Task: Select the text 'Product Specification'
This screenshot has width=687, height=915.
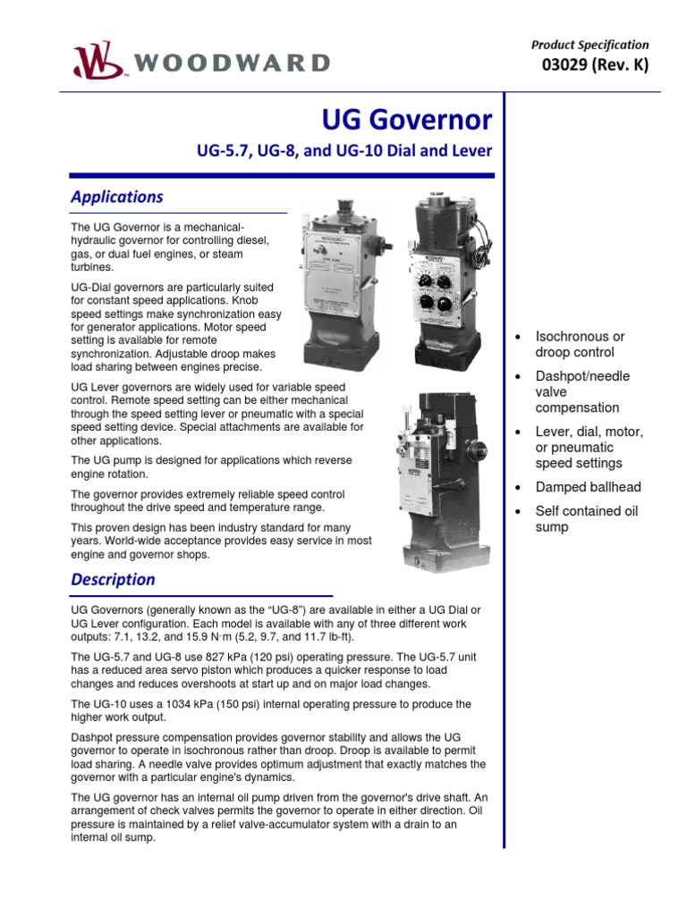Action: click(589, 45)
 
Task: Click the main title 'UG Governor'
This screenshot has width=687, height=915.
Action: click(406, 120)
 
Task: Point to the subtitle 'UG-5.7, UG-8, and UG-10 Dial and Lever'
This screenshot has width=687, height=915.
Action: click(344, 151)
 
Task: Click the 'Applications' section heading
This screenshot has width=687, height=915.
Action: click(116, 197)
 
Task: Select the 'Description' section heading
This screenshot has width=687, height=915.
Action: click(113, 579)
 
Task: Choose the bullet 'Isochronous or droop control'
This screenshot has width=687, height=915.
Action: click(580, 344)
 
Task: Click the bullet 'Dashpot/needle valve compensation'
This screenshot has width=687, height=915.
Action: click(581, 391)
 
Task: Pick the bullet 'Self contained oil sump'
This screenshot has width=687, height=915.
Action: click(586, 519)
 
